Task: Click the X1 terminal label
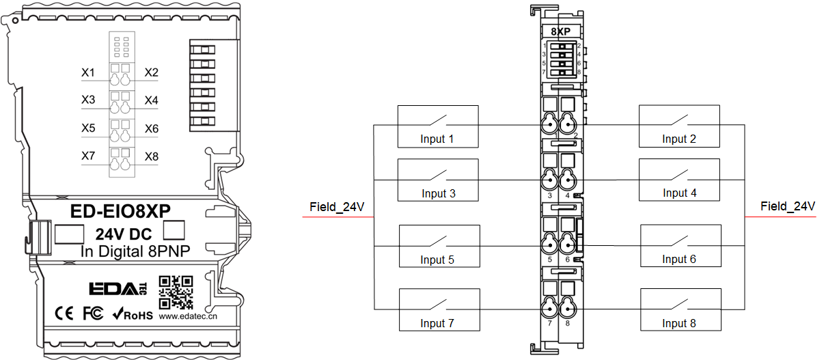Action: click(x=87, y=72)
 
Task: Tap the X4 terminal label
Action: click(x=151, y=100)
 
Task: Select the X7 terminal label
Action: click(x=87, y=156)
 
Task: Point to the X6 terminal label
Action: click(x=151, y=128)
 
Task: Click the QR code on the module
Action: click(x=175, y=292)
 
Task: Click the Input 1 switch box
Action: click(x=438, y=126)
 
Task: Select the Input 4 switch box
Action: click(x=679, y=180)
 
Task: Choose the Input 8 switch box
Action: click(x=680, y=309)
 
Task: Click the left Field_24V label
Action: click(x=337, y=206)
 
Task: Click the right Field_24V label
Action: click(x=788, y=206)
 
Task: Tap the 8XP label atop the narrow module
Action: click(x=560, y=31)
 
